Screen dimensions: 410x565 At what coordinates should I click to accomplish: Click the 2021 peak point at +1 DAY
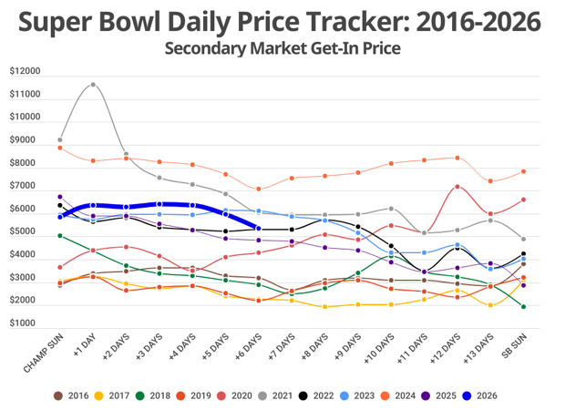[x=93, y=85]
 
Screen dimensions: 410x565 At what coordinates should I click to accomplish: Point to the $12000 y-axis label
[x=26, y=71]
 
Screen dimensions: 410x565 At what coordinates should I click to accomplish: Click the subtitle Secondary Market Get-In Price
[x=282, y=47]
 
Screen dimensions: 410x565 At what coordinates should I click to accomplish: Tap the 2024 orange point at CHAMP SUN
[x=60, y=148]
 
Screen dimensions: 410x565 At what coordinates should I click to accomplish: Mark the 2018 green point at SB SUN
[x=523, y=307]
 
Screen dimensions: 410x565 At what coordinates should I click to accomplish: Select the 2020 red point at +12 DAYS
[x=457, y=187]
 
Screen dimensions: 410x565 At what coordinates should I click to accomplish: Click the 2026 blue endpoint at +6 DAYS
[x=259, y=229]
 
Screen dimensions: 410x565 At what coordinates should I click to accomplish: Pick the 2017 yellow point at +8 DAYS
[x=325, y=307]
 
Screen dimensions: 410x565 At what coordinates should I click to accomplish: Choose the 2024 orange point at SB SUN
[x=523, y=171]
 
